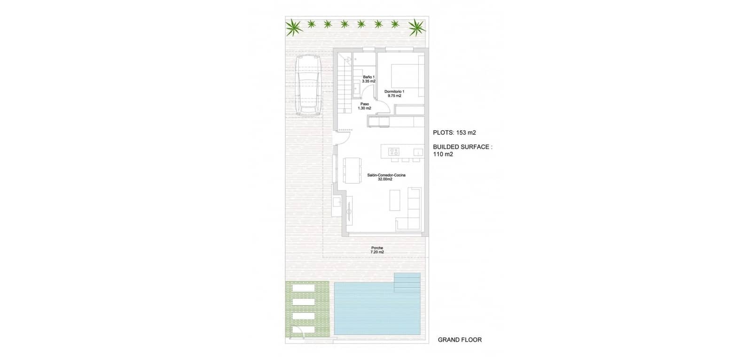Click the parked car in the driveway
coord(308,86)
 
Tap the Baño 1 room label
coord(368,79)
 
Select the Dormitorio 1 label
coord(394,93)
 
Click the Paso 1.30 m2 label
coord(364,106)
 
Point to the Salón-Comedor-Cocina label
coord(386,177)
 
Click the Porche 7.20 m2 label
coord(377,250)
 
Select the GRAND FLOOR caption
coord(459,340)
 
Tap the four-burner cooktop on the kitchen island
coord(393,152)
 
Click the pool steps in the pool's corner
coord(407,282)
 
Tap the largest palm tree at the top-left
coord(294,27)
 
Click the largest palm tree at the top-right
coord(416,27)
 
